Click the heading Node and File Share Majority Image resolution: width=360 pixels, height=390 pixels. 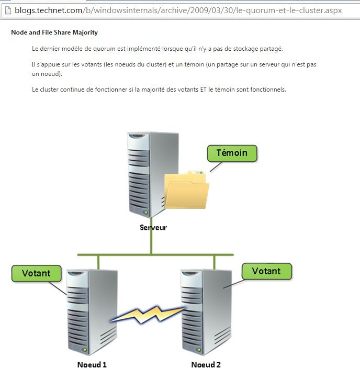pos(54,32)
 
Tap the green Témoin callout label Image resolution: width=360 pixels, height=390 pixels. pos(231,154)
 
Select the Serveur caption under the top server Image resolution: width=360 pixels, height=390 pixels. pos(153,227)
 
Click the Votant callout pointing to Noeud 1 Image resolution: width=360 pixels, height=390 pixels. pos(36,273)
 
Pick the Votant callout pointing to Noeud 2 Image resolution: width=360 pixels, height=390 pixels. pos(266,271)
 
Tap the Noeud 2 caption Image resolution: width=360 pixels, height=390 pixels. pos(206,364)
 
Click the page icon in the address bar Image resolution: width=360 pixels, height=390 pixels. pos(7,10)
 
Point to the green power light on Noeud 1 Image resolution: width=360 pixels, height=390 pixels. pos(83,349)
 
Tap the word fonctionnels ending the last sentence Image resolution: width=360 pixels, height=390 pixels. pos(268,90)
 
